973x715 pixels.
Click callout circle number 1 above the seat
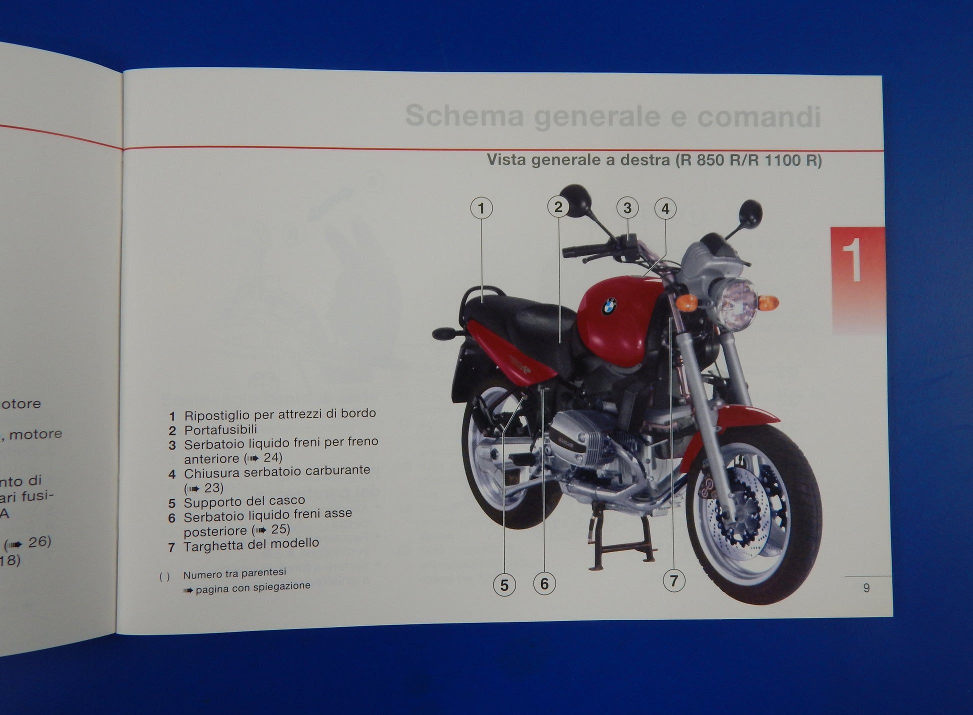click(x=481, y=208)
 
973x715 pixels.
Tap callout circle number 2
click(x=558, y=207)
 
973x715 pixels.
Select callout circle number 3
click(x=627, y=207)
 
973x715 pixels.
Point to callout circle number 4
click(x=665, y=208)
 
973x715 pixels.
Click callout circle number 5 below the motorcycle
click(x=504, y=584)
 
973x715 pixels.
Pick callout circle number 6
click(x=544, y=583)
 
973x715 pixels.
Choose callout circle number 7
click(x=673, y=580)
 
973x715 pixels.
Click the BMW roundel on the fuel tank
click(x=608, y=306)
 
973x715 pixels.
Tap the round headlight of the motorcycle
click(x=737, y=304)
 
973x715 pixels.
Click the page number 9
click(x=866, y=588)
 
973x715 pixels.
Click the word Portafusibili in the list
click(x=220, y=429)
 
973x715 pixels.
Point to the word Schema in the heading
click(x=464, y=116)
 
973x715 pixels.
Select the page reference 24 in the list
click(x=272, y=457)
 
